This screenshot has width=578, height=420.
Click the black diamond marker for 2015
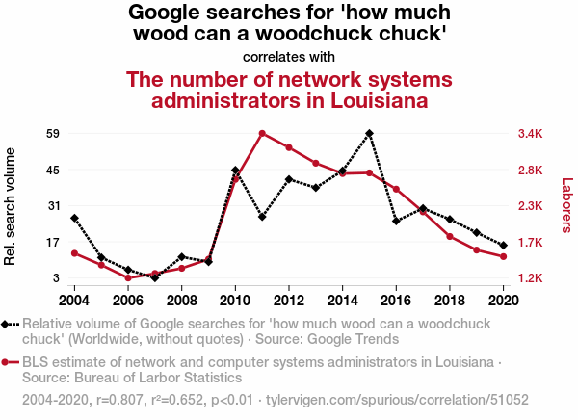pyautogui.click(x=370, y=133)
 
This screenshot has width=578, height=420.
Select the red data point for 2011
pyautogui.click(x=262, y=133)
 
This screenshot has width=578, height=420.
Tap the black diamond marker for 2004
pyautogui.click(x=74, y=218)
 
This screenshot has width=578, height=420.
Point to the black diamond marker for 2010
pyautogui.click(x=235, y=171)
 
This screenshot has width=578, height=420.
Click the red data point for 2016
pyautogui.click(x=397, y=189)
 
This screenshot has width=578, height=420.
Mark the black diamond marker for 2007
pyautogui.click(x=155, y=277)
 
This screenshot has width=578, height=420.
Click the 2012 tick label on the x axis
pyautogui.click(x=289, y=300)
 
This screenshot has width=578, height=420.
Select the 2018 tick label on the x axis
pyautogui.click(x=450, y=300)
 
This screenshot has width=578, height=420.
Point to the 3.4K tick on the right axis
pyautogui.click(x=532, y=133)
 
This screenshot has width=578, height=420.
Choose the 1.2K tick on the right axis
pyautogui.click(x=532, y=278)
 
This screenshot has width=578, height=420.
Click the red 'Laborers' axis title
pyautogui.click(x=566, y=205)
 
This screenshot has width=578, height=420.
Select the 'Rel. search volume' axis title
pyautogui.click(x=12, y=206)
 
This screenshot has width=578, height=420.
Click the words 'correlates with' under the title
pyautogui.click(x=289, y=56)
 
